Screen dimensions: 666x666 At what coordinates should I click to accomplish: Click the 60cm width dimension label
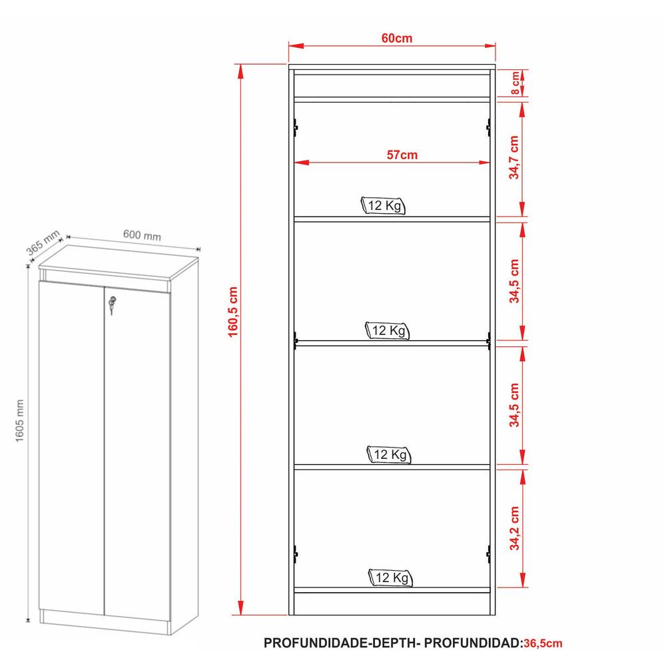[397, 38]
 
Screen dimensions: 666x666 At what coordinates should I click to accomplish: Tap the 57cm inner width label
[402, 155]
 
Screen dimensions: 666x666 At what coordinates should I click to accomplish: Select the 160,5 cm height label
[233, 312]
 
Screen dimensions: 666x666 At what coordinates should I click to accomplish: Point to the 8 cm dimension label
[514, 83]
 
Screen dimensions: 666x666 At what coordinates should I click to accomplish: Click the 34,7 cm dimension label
[514, 158]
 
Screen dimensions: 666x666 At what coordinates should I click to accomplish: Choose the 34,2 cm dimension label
[514, 528]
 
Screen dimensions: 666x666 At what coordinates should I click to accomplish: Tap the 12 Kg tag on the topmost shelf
[383, 206]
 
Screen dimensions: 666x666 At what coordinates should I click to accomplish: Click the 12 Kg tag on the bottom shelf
[390, 577]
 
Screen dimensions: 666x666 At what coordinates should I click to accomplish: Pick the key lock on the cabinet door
[112, 305]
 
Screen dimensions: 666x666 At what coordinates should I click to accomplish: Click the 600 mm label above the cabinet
[143, 234]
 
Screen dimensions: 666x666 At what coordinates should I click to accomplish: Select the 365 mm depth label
[43, 243]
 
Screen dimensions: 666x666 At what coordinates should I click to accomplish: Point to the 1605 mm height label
[20, 420]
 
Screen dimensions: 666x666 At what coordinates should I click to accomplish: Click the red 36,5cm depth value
[543, 643]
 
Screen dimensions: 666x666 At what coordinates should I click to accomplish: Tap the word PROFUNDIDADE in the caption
[316, 643]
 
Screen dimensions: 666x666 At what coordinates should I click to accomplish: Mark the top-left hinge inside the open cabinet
[295, 127]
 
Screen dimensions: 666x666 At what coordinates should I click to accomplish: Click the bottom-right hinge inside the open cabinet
[488, 554]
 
